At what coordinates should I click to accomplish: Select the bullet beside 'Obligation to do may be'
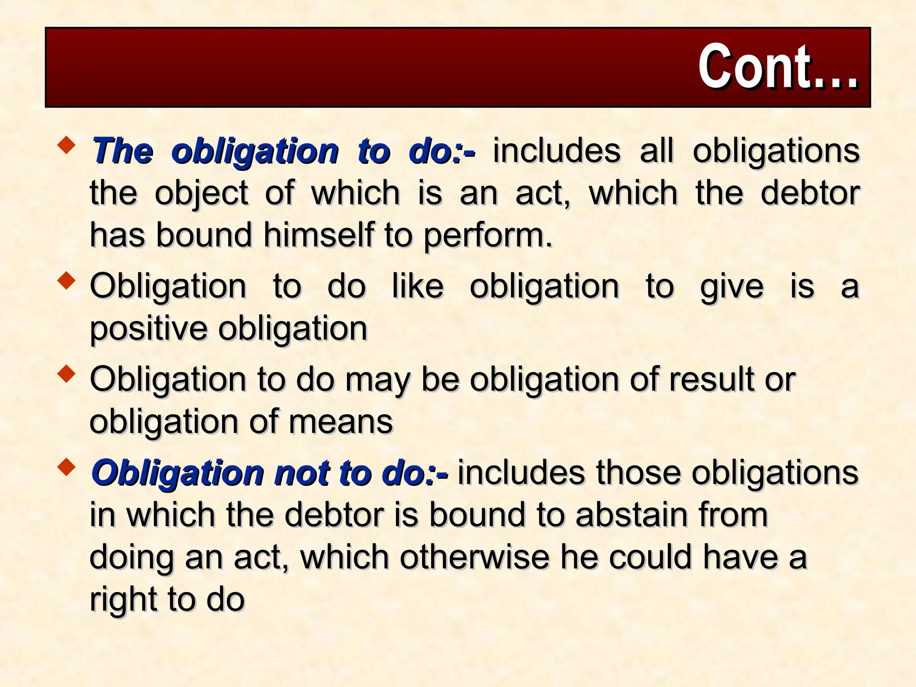tap(67, 374)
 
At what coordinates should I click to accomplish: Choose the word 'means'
tap(341, 422)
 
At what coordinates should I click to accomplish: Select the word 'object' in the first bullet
tap(201, 194)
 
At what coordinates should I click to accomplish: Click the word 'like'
tap(418, 286)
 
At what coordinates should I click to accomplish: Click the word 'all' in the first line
tap(656, 150)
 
